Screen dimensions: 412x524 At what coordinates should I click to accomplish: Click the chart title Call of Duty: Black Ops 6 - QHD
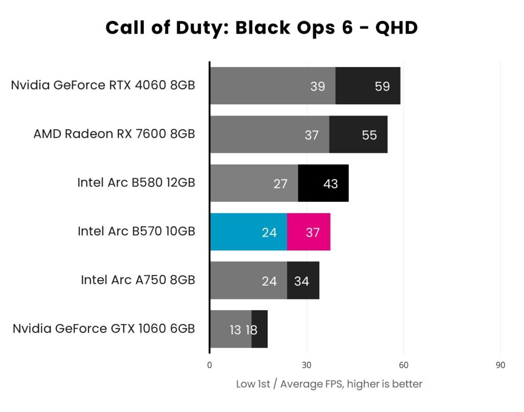pos(261,28)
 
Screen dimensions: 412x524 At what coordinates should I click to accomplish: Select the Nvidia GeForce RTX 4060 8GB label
pos(103,85)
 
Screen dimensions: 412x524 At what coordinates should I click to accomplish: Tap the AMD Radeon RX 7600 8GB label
pos(114,134)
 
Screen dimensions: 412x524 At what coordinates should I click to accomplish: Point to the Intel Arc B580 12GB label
pos(136,182)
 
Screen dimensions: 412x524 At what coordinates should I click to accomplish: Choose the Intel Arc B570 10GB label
pos(136,231)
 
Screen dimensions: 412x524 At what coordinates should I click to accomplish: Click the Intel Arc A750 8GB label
pos(138,280)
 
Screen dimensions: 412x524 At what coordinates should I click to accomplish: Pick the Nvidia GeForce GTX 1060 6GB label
pos(104,328)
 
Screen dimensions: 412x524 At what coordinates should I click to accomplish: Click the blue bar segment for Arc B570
pos(248,232)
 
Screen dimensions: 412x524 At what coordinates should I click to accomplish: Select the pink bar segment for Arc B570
pos(309,232)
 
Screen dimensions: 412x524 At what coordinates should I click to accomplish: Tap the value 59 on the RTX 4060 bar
pos(382,86)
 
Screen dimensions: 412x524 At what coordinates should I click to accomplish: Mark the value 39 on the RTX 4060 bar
pos(318,86)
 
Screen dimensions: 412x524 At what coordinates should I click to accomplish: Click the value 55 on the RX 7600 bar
pos(369,135)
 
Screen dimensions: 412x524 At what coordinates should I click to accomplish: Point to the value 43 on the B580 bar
pos(331,184)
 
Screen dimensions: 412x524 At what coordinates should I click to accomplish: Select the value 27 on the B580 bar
pos(280,184)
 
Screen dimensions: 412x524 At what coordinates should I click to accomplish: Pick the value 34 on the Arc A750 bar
pos(301,281)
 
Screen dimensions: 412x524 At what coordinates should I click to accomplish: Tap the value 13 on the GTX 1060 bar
pos(235,330)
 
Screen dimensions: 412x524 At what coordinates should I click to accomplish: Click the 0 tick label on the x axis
pos(209,365)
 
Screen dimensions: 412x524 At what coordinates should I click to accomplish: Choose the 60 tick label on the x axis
pos(403,365)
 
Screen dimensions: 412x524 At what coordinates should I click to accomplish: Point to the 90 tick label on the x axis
pos(500,365)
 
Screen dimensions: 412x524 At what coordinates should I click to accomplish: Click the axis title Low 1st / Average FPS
pos(329,384)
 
